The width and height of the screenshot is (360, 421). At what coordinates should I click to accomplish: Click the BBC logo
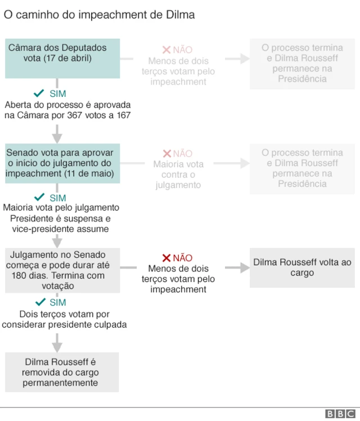[340, 414]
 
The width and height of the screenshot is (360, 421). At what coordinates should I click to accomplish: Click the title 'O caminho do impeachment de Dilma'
[99, 15]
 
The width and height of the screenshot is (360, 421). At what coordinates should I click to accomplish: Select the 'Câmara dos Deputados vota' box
[62, 59]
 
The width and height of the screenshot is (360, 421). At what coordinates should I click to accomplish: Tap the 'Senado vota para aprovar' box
[62, 163]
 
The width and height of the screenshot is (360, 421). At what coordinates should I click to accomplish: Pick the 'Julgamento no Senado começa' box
[62, 270]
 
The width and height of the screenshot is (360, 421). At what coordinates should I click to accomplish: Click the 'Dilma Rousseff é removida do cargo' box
[62, 372]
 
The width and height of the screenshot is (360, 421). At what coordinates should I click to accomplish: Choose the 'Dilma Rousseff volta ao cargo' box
[302, 268]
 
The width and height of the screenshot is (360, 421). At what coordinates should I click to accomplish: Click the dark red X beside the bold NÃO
[166, 258]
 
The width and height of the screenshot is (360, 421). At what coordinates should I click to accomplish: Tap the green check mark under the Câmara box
[39, 93]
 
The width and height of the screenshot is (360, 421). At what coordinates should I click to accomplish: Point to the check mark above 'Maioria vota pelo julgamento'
[39, 197]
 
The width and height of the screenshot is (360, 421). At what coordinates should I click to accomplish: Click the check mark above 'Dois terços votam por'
[40, 302]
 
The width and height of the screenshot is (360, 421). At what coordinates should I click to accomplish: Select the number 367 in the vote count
[75, 115]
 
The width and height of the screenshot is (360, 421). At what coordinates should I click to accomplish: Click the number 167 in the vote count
[124, 115]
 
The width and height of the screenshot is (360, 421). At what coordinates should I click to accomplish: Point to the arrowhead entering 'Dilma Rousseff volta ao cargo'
[245, 268]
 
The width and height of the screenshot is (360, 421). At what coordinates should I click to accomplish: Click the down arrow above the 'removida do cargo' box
[57, 343]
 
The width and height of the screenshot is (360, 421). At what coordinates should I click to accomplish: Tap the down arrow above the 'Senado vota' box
[57, 134]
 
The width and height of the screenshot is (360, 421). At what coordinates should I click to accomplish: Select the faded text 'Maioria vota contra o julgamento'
[178, 174]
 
